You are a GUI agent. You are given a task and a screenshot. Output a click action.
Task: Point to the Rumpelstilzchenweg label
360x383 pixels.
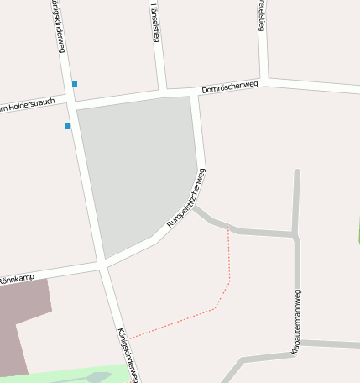(x=186, y=199)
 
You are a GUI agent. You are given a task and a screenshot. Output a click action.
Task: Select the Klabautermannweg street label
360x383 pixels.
(x=296, y=323)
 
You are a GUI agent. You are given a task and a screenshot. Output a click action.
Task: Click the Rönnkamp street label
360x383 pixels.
(x=16, y=276)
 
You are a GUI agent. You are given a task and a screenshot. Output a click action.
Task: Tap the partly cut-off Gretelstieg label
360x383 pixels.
(x=261, y=15)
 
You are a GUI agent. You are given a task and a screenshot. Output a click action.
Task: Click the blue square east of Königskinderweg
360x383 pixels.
(x=75, y=84)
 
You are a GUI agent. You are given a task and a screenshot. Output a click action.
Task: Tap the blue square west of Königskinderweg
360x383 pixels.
(x=67, y=126)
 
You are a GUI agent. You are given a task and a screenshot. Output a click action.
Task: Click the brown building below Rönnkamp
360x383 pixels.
(x=21, y=323)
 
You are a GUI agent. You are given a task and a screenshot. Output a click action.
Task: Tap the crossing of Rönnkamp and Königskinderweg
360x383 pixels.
(x=102, y=266)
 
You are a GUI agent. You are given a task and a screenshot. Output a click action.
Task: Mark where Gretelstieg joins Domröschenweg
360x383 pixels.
(x=264, y=81)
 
